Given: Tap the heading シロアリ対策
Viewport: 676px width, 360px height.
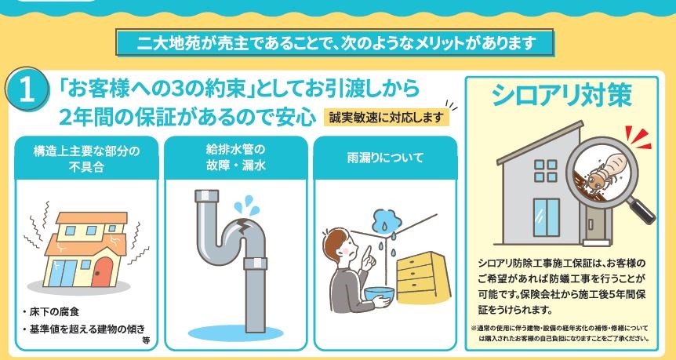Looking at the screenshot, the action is [562, 95].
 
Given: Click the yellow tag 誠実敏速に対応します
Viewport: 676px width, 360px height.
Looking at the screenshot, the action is [387, 118].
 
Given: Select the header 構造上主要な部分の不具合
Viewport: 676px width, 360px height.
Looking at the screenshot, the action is [86, 158].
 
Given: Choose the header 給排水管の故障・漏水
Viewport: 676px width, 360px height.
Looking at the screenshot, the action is [236, 158].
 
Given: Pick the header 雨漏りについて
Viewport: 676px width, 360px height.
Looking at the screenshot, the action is [385, 158].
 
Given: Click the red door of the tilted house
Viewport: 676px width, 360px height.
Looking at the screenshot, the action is [102, 272].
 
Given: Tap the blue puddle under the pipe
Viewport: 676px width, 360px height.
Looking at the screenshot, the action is [235, 333].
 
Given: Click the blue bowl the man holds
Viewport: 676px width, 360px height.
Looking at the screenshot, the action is [380, 294].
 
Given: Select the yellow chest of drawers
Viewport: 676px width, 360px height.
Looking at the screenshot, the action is [423, 278].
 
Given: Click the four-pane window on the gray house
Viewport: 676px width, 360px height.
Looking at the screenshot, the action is [545, 171].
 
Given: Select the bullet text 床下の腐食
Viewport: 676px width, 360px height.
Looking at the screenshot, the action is [51, 311].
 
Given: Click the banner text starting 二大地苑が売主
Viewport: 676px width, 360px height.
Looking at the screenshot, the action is [336, 43].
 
